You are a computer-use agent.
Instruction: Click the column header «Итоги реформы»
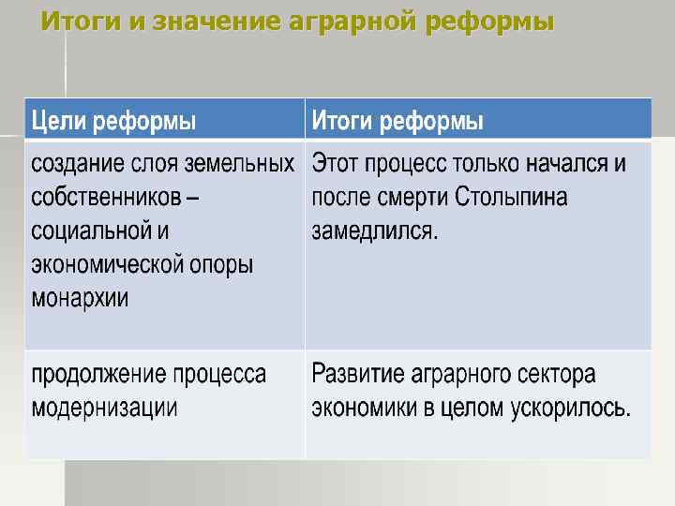(x=397, y=121)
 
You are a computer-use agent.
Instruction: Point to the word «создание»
(x=78, y=164)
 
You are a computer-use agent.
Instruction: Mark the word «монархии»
(x=80, y=298)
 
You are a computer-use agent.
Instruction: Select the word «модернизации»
(x=104, y=409)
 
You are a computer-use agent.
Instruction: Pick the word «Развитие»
(x=356, y=375)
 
